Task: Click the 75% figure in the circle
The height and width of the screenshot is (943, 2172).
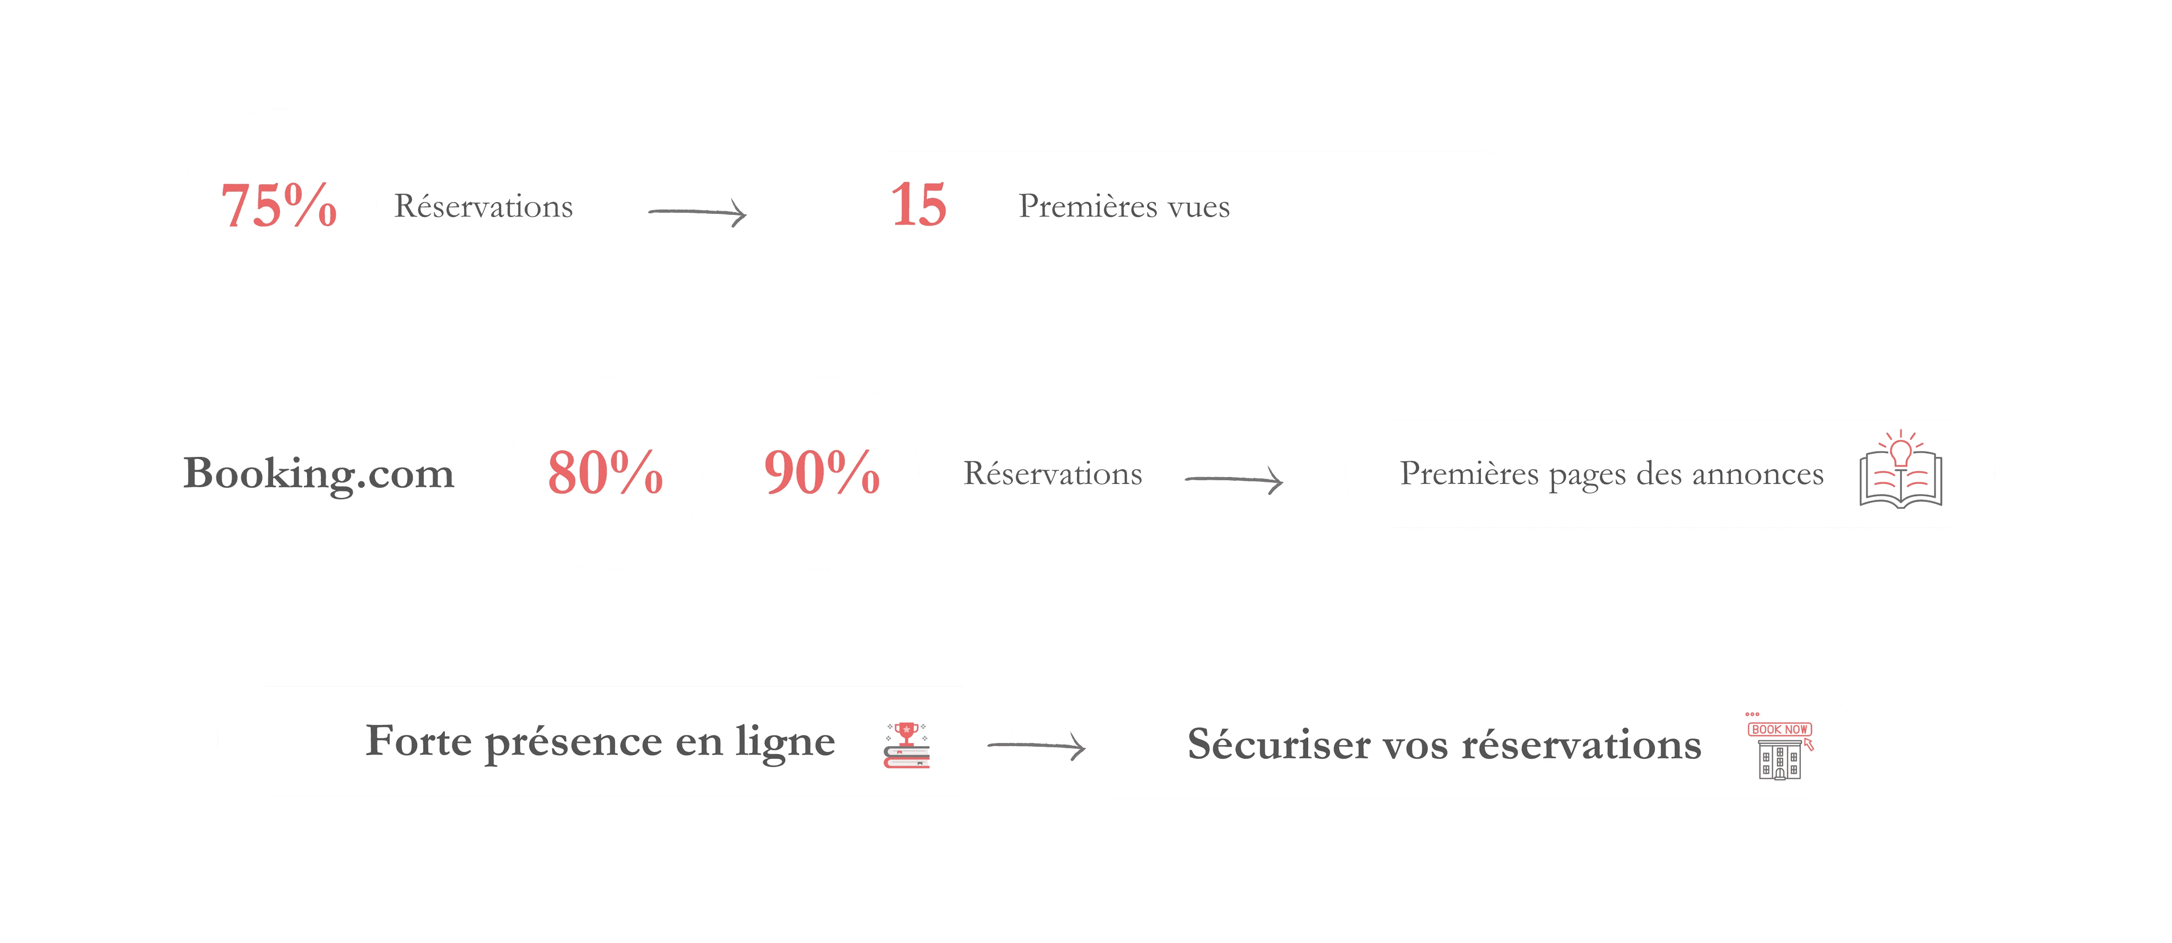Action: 278,206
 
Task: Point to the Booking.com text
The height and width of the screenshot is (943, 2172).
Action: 319,474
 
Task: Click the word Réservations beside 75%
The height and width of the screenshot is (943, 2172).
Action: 484,206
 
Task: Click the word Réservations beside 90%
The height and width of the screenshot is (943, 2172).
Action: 1053,474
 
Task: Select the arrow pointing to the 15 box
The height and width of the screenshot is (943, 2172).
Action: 696,212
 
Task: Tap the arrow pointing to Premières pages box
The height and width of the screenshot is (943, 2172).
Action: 1234,480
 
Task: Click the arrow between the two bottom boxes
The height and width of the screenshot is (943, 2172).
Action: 1036,746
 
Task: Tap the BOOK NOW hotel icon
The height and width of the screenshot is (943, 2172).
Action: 1780,747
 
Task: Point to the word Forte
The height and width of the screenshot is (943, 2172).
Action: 418,741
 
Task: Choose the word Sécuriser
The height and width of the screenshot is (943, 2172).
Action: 1278,745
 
